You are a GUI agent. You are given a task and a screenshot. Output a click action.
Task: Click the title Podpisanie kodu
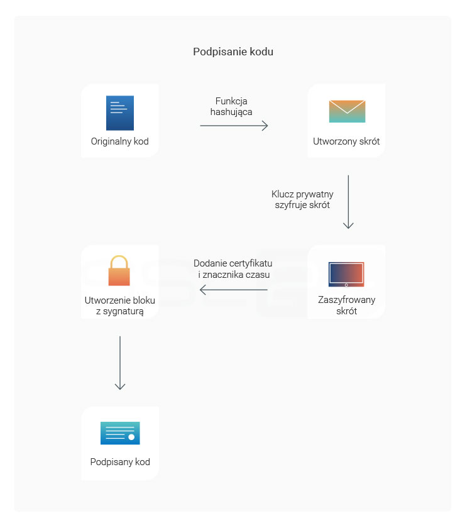(233, 52)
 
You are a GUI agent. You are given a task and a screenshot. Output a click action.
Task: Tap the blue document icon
(120, 113)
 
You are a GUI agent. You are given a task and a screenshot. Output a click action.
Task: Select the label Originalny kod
(120, 141)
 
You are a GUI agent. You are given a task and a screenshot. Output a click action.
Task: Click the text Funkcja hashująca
(231, 106)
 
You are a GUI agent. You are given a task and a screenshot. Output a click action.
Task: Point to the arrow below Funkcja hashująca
(234, 126)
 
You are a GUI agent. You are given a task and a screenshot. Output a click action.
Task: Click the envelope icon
(347, 111)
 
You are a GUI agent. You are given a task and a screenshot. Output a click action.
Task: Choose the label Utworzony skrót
(346, 141)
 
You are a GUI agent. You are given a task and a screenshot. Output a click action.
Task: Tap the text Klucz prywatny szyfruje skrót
(302, 199)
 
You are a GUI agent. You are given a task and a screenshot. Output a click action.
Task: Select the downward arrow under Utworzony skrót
(348, 202)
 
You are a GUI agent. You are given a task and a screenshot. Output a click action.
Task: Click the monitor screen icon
(346, 275)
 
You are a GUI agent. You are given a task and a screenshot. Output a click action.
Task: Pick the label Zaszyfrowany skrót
(346, 305)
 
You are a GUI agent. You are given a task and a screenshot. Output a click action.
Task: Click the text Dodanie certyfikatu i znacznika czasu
(233, 269)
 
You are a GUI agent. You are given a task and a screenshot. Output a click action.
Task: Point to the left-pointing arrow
(234, 290)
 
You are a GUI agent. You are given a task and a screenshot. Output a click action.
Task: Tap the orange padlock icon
(119, 270)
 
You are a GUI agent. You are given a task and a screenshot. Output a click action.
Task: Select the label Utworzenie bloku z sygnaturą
(120, 305)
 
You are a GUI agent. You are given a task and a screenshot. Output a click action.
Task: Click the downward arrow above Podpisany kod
(120, 363)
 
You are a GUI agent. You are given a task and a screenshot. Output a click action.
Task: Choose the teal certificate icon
(120, 433)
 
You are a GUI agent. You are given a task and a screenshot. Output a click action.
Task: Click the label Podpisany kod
(120, 461)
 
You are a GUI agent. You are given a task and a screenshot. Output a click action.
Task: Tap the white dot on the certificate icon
(131, 437)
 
